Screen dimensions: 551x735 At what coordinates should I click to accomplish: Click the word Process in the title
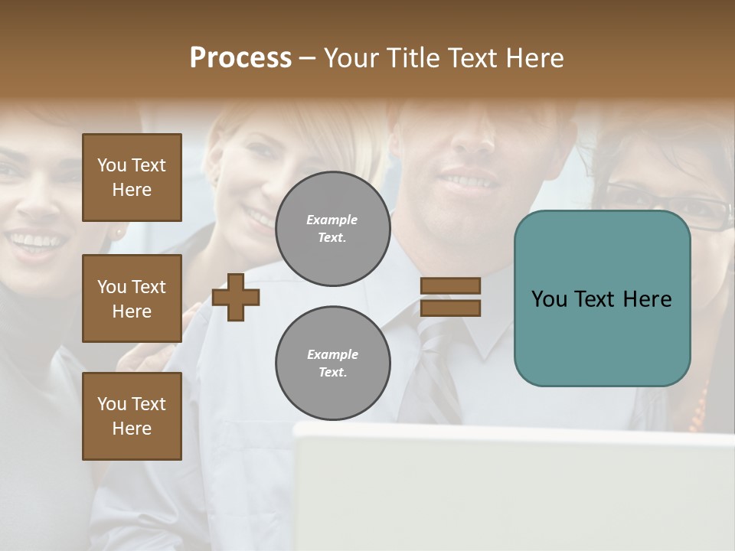coord(240,58)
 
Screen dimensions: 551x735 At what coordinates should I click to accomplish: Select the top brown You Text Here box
coord(132,178)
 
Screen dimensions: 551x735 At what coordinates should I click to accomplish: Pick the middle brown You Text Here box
coord(132,298)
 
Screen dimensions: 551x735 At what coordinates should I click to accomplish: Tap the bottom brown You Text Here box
coord(132,416)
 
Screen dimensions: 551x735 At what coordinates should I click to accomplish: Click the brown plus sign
coord(236,297)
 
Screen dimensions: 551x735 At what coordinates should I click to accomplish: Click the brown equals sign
coord(450,297)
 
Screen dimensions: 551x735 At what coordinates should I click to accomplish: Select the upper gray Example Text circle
coord(332,229)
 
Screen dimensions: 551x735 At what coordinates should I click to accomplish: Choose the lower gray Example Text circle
coord(332,364)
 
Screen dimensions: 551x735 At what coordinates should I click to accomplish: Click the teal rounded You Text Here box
coord(602,298)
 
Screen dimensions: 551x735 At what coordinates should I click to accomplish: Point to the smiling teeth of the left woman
coord(36,242)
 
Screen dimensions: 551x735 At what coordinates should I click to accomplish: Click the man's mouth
coord(469,181)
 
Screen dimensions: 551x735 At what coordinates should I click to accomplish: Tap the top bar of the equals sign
coord(450,286)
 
